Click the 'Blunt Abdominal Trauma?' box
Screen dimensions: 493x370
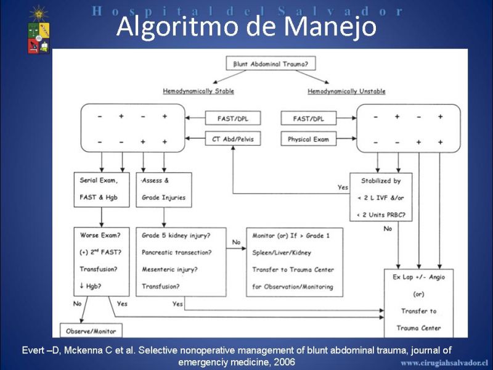[271, 64]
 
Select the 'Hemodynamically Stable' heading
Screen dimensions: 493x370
[198, 91]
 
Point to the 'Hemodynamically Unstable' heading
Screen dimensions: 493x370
[346, 91]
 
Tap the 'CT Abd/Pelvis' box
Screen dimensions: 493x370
[233, 139]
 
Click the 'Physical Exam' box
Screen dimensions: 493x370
[309, 139]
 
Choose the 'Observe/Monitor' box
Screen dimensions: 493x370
[91, 331]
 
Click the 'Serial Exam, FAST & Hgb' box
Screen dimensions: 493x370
[102, 189]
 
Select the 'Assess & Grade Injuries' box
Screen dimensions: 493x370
[164, 189]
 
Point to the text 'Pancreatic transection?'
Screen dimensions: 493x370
[177, 252]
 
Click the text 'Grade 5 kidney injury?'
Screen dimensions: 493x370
[176, 236]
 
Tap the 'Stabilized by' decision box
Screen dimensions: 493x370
[381, 197]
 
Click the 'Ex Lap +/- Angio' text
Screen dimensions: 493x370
[419, 277]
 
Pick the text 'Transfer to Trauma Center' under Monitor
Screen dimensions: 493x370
[293, 269]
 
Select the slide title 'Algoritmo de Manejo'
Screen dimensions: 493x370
[246, 26]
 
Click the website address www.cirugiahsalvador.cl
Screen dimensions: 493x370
[444, 363]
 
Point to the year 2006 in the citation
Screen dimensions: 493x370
[284, 362]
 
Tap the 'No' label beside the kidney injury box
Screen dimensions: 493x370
[236, 242]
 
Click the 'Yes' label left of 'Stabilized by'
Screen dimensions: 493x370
[343, 187]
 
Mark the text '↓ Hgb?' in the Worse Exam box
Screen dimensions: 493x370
[90, 286]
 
